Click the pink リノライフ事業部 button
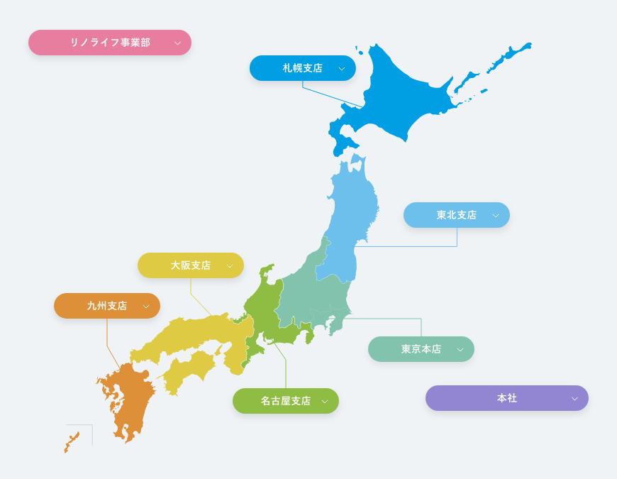click(110, 43)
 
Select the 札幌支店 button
click(303, 68)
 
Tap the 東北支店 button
click(457, 215)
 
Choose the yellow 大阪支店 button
click(191, 265)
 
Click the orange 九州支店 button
click(107, 306)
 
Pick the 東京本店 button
click(421, 349)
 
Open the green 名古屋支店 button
click(286, 401)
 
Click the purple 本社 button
click(507, 398)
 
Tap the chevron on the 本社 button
click(574, 399)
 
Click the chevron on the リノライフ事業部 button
click(177, 43)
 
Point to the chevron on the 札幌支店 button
click(342, 69)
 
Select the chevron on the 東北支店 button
click(496, 216)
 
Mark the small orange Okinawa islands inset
click(72, 441)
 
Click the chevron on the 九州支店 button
click(146, 307)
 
